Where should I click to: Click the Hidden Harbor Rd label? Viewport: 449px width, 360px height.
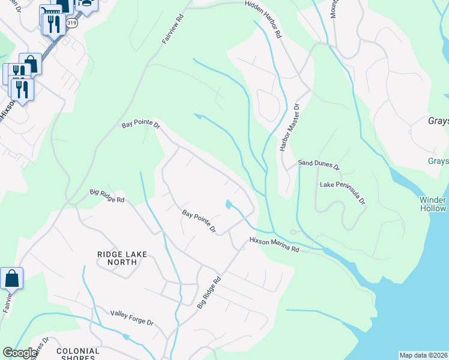click(x=262, y=20)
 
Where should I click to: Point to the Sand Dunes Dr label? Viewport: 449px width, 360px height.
click(x=319, y=164)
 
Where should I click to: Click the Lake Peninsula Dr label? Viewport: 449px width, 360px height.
click(x=342, y=193)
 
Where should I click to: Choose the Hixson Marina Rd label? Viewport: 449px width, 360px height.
click(x=274, y=244)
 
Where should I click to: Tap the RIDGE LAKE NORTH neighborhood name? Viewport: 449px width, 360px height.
click(x=122, y=258)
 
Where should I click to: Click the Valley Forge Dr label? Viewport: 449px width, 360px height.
click(x=131, y=317)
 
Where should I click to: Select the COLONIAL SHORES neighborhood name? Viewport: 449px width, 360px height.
click(x=77, y=354)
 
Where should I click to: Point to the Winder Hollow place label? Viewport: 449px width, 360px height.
click(x=433, y=204)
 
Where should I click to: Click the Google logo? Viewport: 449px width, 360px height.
click(x=19, y=353)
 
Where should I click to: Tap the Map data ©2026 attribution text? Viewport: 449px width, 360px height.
click(x=424, y=355)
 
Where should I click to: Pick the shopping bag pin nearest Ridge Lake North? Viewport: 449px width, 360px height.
click(x=11, y=279)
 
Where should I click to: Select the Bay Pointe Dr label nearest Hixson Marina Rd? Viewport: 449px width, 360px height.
click(x=199, y=221)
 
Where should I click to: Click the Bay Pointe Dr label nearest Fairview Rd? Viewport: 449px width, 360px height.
click(x=142, y=125)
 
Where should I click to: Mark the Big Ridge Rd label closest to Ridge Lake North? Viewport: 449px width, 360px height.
click(x=107, y=196)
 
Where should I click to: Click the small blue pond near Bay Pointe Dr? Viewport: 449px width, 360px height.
click(x=229, y=205)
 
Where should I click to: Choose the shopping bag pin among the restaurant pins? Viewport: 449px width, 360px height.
click(x=30, y=64)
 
